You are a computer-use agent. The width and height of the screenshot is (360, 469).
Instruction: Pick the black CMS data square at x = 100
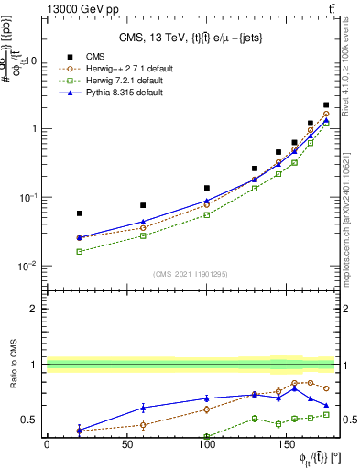(x=207, y=188)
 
